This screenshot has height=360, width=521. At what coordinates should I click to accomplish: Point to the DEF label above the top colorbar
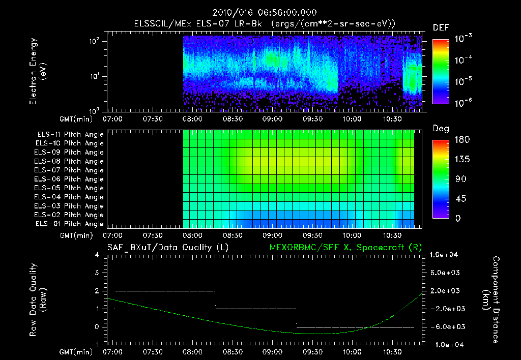(x=441, y=27)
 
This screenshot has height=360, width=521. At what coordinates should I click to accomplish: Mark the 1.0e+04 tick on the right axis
(x=446, y=255)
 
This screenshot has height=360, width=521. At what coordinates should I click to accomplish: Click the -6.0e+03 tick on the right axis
(x=446, y=326)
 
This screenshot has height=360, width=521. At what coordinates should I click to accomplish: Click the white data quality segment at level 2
(x=165, y=291)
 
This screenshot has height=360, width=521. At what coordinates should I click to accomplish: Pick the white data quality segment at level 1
(x=255, y=309)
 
